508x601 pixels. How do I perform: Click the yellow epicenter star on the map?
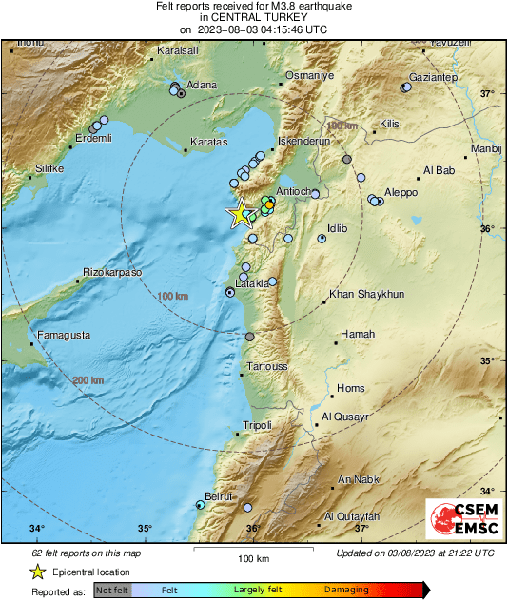239,214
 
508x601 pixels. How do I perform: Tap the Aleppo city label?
401,192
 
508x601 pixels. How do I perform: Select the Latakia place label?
253,283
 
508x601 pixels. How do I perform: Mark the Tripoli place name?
258,425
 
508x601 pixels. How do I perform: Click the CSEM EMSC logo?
459,522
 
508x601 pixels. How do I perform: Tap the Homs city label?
351,388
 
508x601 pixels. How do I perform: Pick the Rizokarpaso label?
112,272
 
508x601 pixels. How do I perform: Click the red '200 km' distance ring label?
88,380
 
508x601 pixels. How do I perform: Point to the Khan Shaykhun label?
366,295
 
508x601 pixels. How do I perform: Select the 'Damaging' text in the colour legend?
346,590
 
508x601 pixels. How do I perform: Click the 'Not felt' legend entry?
111,590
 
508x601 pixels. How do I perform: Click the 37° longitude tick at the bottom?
361,529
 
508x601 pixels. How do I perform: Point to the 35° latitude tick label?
487,360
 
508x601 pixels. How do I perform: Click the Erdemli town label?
93,139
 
